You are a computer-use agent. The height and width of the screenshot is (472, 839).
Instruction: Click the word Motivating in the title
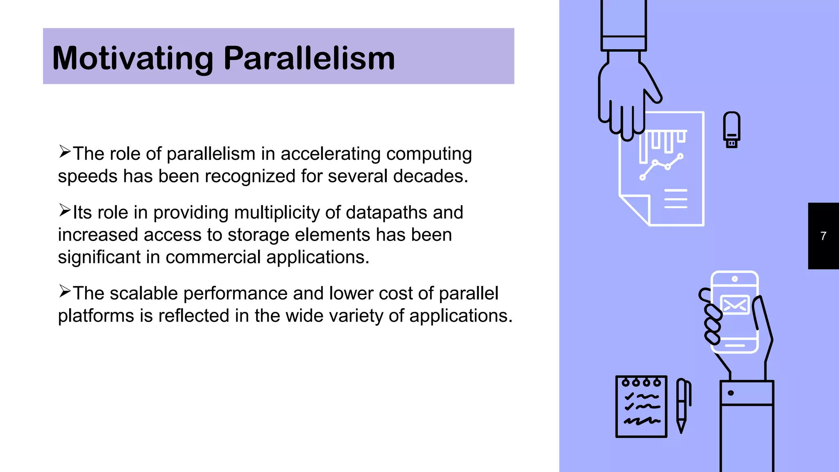coord(132,59)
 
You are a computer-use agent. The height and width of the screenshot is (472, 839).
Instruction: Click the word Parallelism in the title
coord(309,59)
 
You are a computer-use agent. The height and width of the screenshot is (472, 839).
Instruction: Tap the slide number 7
coord(823,236)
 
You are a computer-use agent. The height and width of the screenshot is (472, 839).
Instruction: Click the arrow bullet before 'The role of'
coord(64,152)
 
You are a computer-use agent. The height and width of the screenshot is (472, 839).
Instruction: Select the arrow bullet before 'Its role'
coord(64,211)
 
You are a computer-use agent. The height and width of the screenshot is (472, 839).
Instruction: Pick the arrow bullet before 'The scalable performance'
coord(64,291)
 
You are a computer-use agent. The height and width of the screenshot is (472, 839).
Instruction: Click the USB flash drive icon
coord(731,129)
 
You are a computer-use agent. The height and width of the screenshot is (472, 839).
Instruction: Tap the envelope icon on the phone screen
coord(735,305)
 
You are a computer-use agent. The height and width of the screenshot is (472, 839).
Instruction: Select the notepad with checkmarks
coord(641,406)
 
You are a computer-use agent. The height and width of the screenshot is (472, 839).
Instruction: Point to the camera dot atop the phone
coord(735,279)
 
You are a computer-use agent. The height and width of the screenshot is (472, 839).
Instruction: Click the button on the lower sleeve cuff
coord(730,393)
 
